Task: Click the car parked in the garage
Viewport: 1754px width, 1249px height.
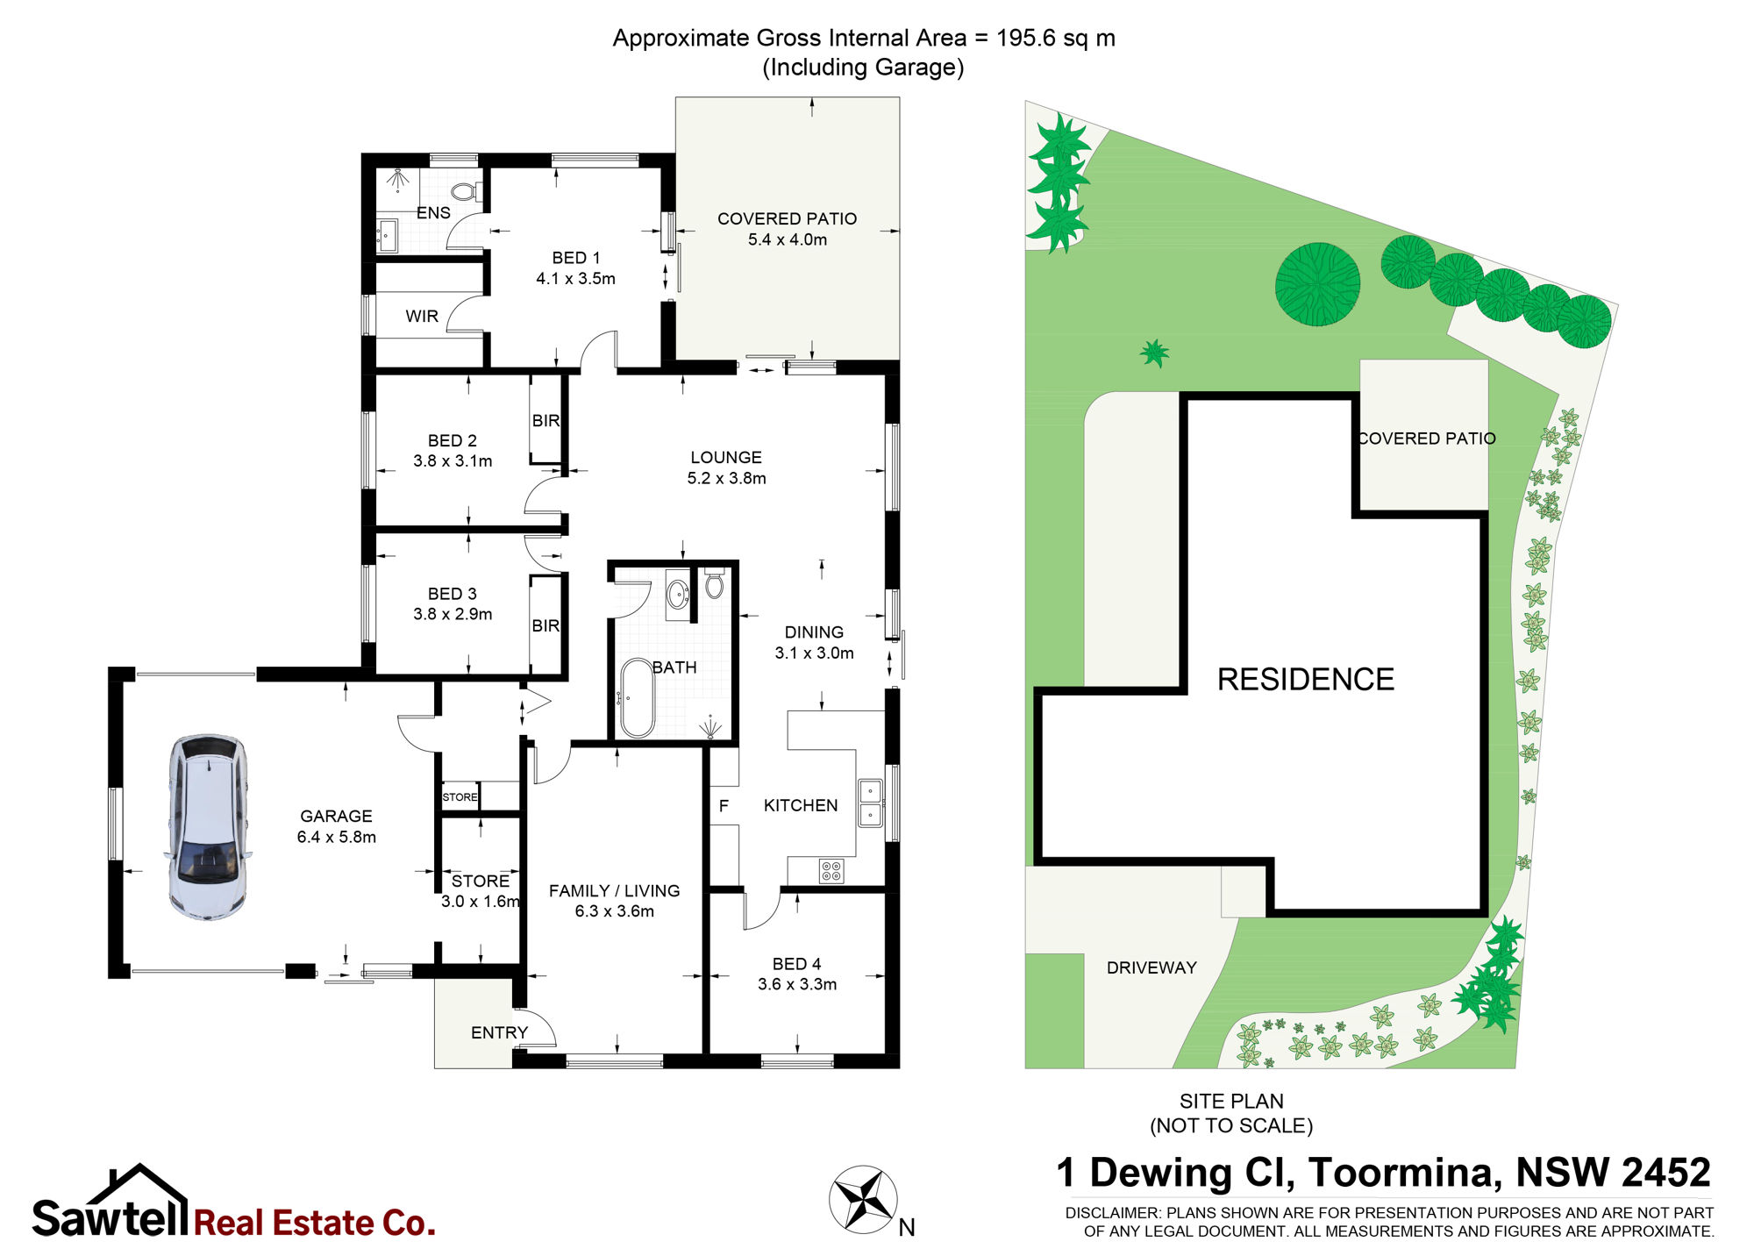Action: tap(208, 827)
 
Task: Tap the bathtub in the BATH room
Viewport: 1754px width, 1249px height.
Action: tap(637, 697)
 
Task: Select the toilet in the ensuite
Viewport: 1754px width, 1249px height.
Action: tap(465, 191)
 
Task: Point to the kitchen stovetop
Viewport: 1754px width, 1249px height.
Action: tap(831, 871)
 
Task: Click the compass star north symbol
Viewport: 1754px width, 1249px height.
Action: tap(863, 1198)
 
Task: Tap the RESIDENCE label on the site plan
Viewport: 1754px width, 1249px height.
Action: tap(1306, 680)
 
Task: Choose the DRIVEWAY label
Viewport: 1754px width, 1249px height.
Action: tap(1152, 967)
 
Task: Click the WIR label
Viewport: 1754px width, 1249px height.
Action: tap(422, 317)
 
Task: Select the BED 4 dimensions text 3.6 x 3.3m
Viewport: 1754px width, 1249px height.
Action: tap(797, 984)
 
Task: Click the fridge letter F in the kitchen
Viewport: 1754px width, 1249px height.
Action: tap(724, 805)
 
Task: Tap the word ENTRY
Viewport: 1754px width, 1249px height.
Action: tap(499, 1032)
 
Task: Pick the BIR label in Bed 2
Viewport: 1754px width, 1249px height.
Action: tap(545, 421)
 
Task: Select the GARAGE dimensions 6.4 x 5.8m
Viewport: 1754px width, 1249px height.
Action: tap(337, 837)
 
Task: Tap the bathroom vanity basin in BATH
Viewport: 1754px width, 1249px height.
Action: tap(678, 595)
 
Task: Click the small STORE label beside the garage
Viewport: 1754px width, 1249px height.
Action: tap(460, 797)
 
